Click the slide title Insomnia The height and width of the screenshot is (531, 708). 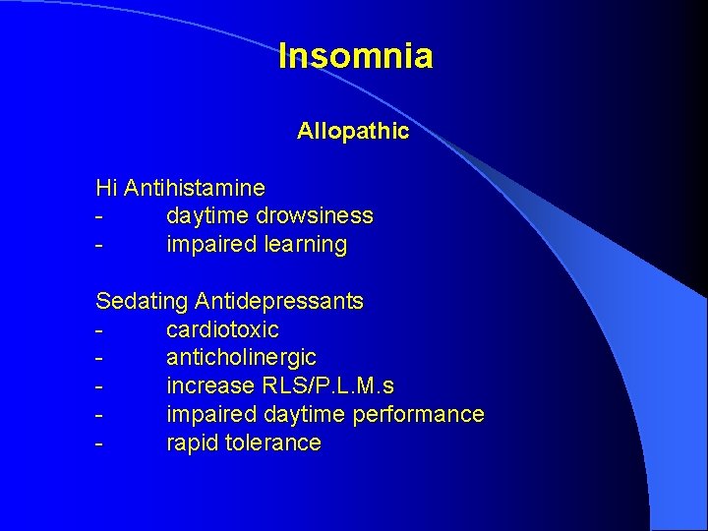(x=355, y=56)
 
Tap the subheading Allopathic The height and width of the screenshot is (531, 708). (x=353, y=131)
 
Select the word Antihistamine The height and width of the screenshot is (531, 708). (x=195, y=187)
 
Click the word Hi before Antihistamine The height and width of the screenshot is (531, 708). (x=106, y=187)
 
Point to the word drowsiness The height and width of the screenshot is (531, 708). (x=315, y=215)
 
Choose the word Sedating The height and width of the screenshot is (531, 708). (x=142, y=301)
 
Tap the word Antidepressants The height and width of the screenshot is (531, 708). (x=279, y=301)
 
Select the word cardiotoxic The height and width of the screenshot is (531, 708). (x=222, y=329)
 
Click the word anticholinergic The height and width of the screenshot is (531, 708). (x=241, y=358)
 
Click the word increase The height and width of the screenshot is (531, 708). (x=206, y=385)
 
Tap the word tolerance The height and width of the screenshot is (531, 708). (x=272, y=442)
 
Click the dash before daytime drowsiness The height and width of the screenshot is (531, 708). (x=99, y=216)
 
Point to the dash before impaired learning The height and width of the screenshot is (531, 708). (x=99, y=245)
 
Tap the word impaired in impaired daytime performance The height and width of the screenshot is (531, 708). (x=207, y=414)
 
